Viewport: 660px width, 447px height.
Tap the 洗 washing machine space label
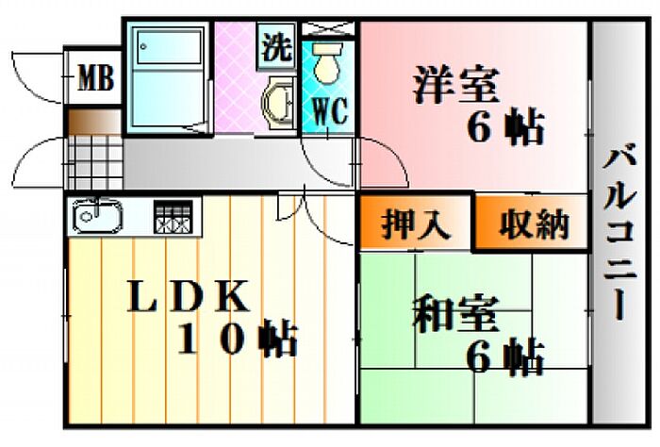point(277,48)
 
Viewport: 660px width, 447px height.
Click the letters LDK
point(189,298)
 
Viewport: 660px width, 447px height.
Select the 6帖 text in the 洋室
point(506,127)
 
